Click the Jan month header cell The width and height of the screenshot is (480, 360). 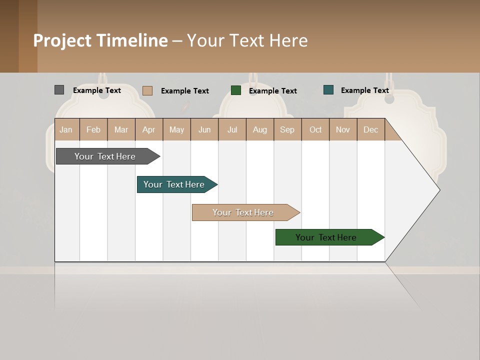tap(66, 129)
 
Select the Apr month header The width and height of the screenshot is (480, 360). tap(149, 129)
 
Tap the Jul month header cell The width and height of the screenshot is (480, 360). tap(232, 129)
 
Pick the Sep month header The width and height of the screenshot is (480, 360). tap(287, 129)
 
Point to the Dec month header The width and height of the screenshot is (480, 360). tap(370, 129)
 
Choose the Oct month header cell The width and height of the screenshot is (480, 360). tap(315, 129)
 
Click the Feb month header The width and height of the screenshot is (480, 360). tap(93, 129)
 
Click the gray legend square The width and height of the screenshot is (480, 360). tap(59, 90)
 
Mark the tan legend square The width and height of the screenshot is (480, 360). tap(147, 90)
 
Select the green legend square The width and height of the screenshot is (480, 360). tap(236, 90)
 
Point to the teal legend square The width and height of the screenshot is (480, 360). tap(328, 90)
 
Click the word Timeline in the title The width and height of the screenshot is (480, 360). tap(132, 40)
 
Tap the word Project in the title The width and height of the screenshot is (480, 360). tap(62, 40)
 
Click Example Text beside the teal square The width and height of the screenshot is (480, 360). tap(364, 90)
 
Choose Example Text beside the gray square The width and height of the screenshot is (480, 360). tap(97, 90)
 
